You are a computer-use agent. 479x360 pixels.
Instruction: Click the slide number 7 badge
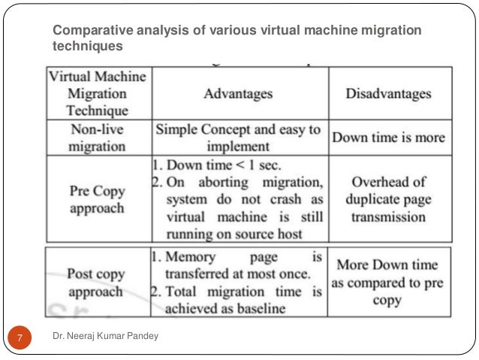click(x=20, y=337)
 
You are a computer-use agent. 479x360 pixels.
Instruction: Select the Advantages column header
click(x=238, y=94)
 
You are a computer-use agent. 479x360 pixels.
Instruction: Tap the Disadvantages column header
click(x=388, y=94)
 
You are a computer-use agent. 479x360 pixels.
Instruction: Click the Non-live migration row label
click(x=97, y=138)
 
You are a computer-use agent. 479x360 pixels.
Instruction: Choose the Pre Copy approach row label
click(x=97, y=198)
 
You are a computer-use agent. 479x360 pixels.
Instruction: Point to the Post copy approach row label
click(x=97, y=283)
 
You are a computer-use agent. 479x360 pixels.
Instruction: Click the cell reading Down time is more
click(x=388, y=138)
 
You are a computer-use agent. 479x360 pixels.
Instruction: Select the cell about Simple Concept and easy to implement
click(x=238, y=138)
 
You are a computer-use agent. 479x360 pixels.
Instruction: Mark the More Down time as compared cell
click(x=388, y=283)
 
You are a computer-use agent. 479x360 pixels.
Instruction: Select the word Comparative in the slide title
click(x=82, y=31)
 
